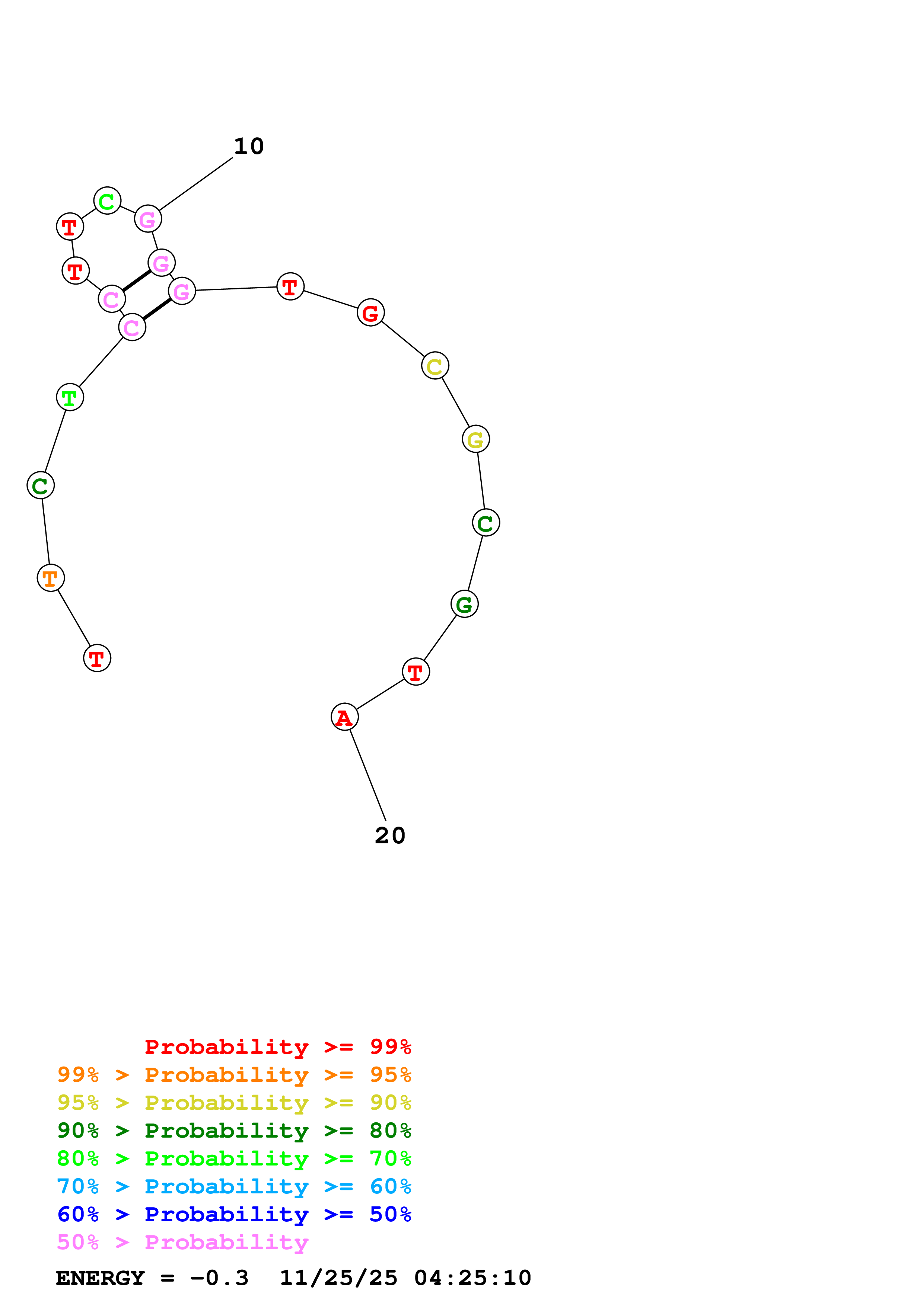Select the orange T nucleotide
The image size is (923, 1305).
pyautogui.click(x=51, y=578)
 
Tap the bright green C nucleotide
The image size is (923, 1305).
pyautogui.click(x=107, y=201)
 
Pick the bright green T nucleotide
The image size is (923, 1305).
pyautogui.click(x=70, y=397)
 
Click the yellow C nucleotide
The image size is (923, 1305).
pyautogui.click(x=435, y=366)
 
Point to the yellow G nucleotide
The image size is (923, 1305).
pyautogui.click(x=475, y=439)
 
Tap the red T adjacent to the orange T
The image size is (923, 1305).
pyautogui.click(x=97, y=658)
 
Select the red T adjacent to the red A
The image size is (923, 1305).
pyautogui.click(x=416, y=672)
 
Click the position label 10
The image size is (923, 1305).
pyautogui.click(x=249, y=147)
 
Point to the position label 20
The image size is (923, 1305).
pyautogui.click(x=390, y=836)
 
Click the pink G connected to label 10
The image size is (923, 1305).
pyautogui.click(x=148, y=219)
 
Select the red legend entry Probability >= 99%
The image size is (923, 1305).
pyautogui.click(x=277, y=1047)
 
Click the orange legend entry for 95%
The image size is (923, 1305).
pyautogui.click(x=234, y=1075)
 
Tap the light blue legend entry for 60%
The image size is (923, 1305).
pyautogui.click(x=234, y=1186)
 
